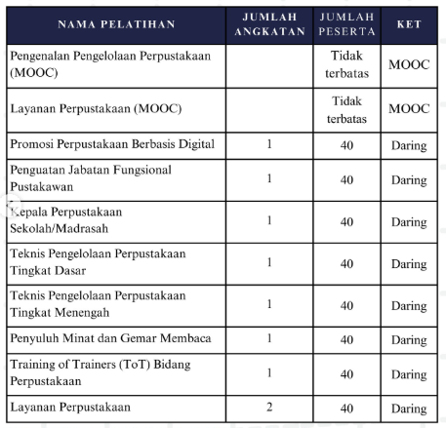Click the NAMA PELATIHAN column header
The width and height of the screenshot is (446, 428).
pyautogui.click(x=115, y=22)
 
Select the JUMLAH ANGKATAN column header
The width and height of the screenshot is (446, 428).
pyautogui.click(x=269, y=22)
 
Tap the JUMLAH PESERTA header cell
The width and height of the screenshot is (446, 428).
pyautogui.click(x=346, y=22)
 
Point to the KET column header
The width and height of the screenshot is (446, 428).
pyautogui.click(x=409, y=22)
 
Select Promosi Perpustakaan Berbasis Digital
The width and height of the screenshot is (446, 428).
pyautogui.click(x=110, y=145)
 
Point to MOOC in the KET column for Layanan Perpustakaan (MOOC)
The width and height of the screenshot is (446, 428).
pyautogui.click(x=409, y=108)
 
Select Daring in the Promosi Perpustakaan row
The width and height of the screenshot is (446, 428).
pyautogui.click(x=409, y=145)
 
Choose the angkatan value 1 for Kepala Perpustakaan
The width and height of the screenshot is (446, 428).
pyautogui.click(x=269, y=220)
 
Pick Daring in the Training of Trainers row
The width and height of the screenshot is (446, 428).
pyautogui.click(x=409, y=372)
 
